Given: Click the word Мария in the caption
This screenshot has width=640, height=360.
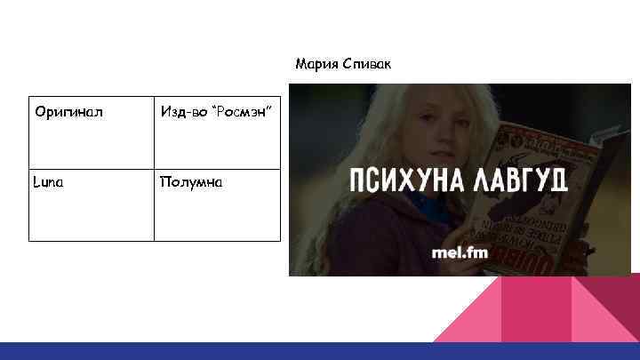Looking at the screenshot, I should point(314,64).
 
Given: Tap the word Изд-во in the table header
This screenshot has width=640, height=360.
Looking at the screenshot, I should point(181,112).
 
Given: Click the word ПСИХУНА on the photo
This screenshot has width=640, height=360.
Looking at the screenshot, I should point(401,180).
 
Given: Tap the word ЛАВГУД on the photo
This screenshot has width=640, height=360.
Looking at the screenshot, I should point(518,180).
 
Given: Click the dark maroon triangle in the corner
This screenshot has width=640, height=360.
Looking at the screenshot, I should point(613,302).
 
